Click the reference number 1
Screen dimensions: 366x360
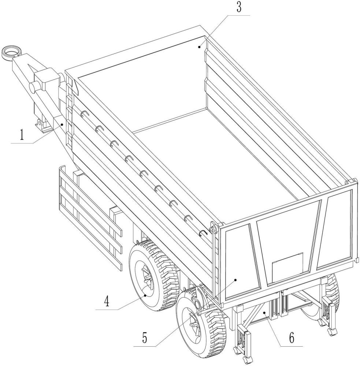click(22, 135)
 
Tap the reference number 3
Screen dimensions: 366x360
click(239, 8)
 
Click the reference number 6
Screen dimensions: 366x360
click(292, 338)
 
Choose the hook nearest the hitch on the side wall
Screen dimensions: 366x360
click(83, 114)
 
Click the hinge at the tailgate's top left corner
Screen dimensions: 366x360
click(215, 228)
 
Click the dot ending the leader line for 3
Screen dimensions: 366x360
click(200, 46)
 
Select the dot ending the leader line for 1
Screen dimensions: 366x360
click(63, 124)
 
